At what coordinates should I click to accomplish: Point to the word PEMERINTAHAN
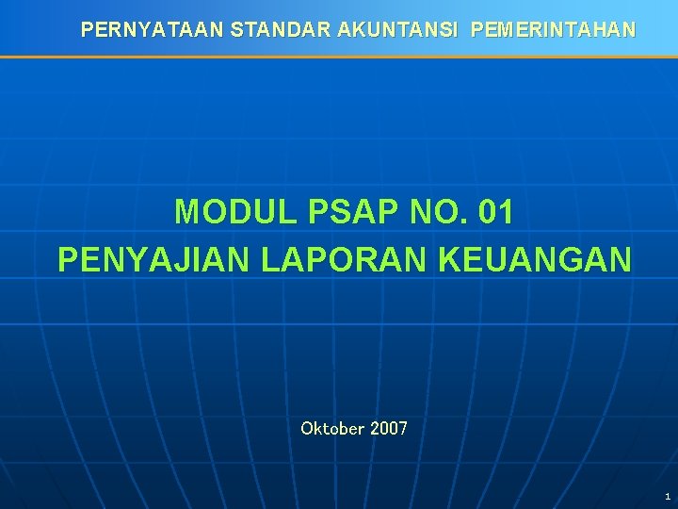pos(553,30)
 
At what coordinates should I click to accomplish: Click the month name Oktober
pos(332,429)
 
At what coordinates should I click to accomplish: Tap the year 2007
pos(389,429)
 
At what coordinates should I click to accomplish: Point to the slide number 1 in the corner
pos(667,496)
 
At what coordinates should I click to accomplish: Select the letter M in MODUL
pos(188,212)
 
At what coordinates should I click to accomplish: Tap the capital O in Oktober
pos(307,429)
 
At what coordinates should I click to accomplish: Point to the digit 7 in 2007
pos(403,429)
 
